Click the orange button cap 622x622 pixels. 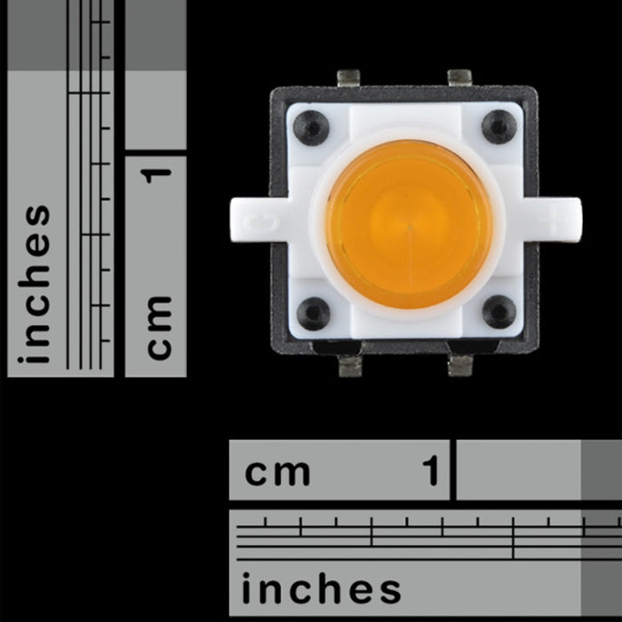click(x=409, y=224)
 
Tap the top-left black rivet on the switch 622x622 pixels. click(x=311, y=127)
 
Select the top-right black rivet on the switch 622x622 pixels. click(x=499, y=126)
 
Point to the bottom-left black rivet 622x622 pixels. click(x=313, y=313)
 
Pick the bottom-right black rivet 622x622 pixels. click(x=498, y=311)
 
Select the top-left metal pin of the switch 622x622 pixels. click(x=349, y=78)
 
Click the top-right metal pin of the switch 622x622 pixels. click(x=459, y=78)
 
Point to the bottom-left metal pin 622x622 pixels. click(x=351, y=364)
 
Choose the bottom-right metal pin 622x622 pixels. click(x=460, y=364)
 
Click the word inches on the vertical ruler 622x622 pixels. click(x=37, y=284)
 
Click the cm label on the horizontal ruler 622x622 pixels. click(x=277, y=471)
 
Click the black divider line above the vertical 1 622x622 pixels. click(x=155, y=153)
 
